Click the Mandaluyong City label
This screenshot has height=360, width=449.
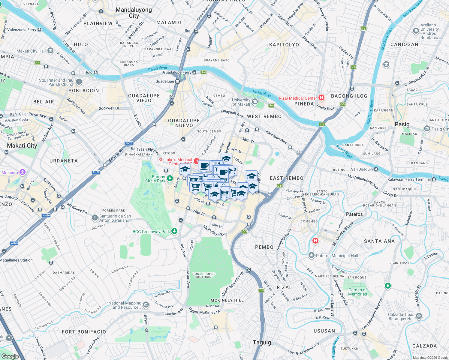tap(134, 13)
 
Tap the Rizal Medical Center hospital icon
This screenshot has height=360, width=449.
tap(321, 97)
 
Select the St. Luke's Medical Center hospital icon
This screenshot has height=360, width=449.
tap(197, 161)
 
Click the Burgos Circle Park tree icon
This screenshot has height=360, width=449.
tap(170, 179)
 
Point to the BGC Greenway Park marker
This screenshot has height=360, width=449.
tap(174, 231)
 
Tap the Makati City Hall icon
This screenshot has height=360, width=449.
tap(50, 51)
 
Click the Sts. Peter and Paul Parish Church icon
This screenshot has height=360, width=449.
tap(79, 82)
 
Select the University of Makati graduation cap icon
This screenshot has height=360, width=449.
tap(255, 101)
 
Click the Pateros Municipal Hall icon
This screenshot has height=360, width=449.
tap(312, 256)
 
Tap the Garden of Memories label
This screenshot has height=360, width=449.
tap(357, 292)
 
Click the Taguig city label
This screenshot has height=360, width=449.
tap(262, 342)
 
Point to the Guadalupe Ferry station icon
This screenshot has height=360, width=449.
tap(194, 72)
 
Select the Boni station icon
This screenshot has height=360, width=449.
tap(196, 31)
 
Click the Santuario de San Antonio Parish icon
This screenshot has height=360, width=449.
tap(95, 217)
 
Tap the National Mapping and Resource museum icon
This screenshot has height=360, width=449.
tap(146, 305)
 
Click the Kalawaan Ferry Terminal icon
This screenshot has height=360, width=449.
tap(434, 179)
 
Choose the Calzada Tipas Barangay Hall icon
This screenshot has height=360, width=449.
tap(419, 316)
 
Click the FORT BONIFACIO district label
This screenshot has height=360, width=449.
tap(84, 331)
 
